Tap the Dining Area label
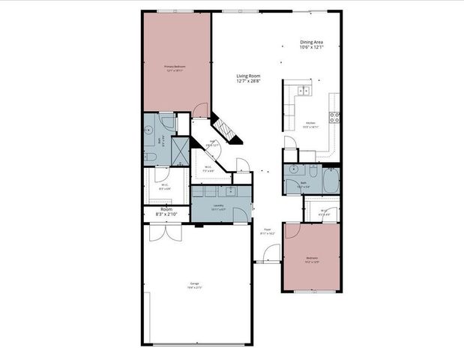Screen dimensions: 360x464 pos(310,44)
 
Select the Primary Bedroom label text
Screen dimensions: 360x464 pos(175,68)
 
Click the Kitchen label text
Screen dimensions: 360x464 pos(310,125)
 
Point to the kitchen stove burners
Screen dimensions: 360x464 pos(334,117)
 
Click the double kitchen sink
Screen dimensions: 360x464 pos(304,91)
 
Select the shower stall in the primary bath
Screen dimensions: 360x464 pos(181,150)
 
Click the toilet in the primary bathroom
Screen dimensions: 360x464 pos(148,156)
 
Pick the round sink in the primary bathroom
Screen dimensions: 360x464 pos(148,129)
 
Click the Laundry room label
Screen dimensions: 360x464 pos(219,206)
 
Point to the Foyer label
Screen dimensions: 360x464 pos(267,231)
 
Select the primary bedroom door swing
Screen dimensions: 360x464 pos(200,111)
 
